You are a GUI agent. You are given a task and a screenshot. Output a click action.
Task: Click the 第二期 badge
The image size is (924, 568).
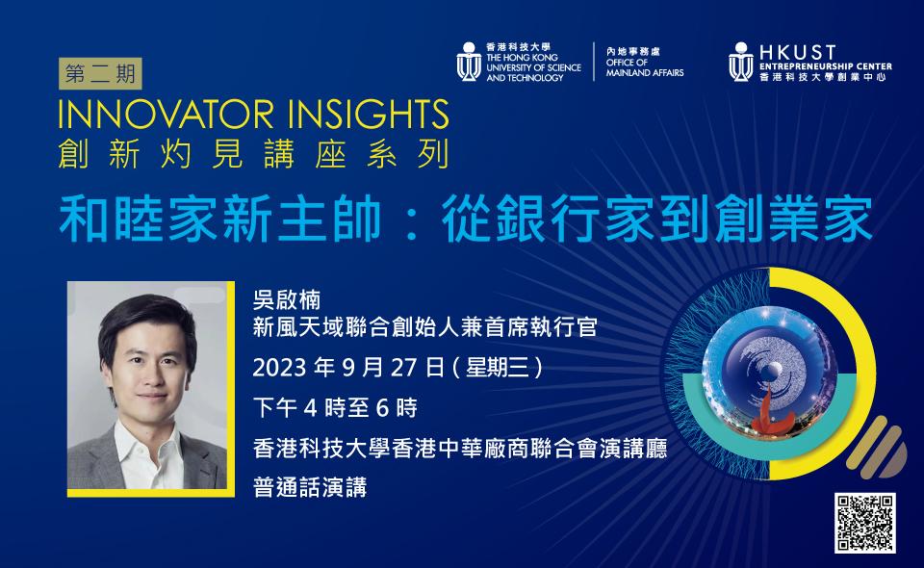click(x=100, y=74)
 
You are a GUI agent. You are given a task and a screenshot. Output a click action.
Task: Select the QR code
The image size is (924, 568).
click(x=864, y=523)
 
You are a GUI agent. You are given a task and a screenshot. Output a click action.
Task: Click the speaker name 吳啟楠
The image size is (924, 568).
click(x=287, y=300)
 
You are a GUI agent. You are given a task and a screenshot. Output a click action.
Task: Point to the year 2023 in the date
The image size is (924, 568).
click(x=280, y=368)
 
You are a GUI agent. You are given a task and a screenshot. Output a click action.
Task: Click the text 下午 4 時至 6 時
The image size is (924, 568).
click(x=335, y=408)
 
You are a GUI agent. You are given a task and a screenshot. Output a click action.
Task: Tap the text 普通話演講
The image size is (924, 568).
click(x=310, y=487)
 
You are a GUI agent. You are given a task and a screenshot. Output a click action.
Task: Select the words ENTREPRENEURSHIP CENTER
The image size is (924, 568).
click(x=825, y=66)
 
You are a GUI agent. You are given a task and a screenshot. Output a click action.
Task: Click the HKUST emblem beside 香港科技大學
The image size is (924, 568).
click(x=469, y=62)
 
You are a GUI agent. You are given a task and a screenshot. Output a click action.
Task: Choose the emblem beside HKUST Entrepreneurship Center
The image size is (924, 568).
click(x=741, y=62)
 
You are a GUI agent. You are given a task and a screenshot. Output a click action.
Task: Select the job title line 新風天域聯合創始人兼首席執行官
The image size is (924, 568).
click(x=424, y=327)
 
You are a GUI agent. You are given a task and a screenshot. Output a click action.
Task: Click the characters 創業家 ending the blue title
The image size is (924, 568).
click(x=794, y=219)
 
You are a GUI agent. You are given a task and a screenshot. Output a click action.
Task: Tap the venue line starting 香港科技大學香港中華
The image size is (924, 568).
click(x=460, y=449)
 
